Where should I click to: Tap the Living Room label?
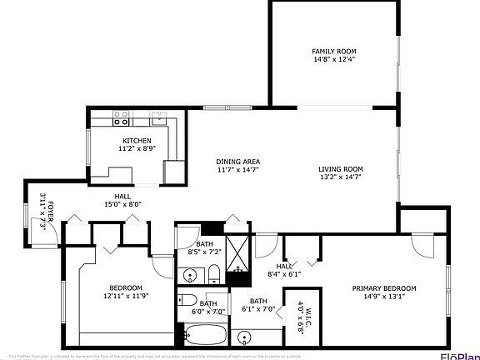click(x=341, y=169)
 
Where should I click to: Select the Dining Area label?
click(x=237, y=162)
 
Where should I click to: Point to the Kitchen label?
click(x=137, y=140)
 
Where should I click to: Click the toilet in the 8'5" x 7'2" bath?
click(x=213, y=272)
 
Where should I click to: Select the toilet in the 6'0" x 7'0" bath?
click(x=188, y=301)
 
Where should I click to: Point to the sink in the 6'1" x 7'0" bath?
click(x=244, y=337)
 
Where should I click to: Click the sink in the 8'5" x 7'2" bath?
click(x=189, y=275)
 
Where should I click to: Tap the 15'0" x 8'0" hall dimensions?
click(x=123, y=203)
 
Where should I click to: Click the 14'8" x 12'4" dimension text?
click(x=333, y=59)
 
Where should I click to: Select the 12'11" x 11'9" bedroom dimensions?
click(x=125, y=296)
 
